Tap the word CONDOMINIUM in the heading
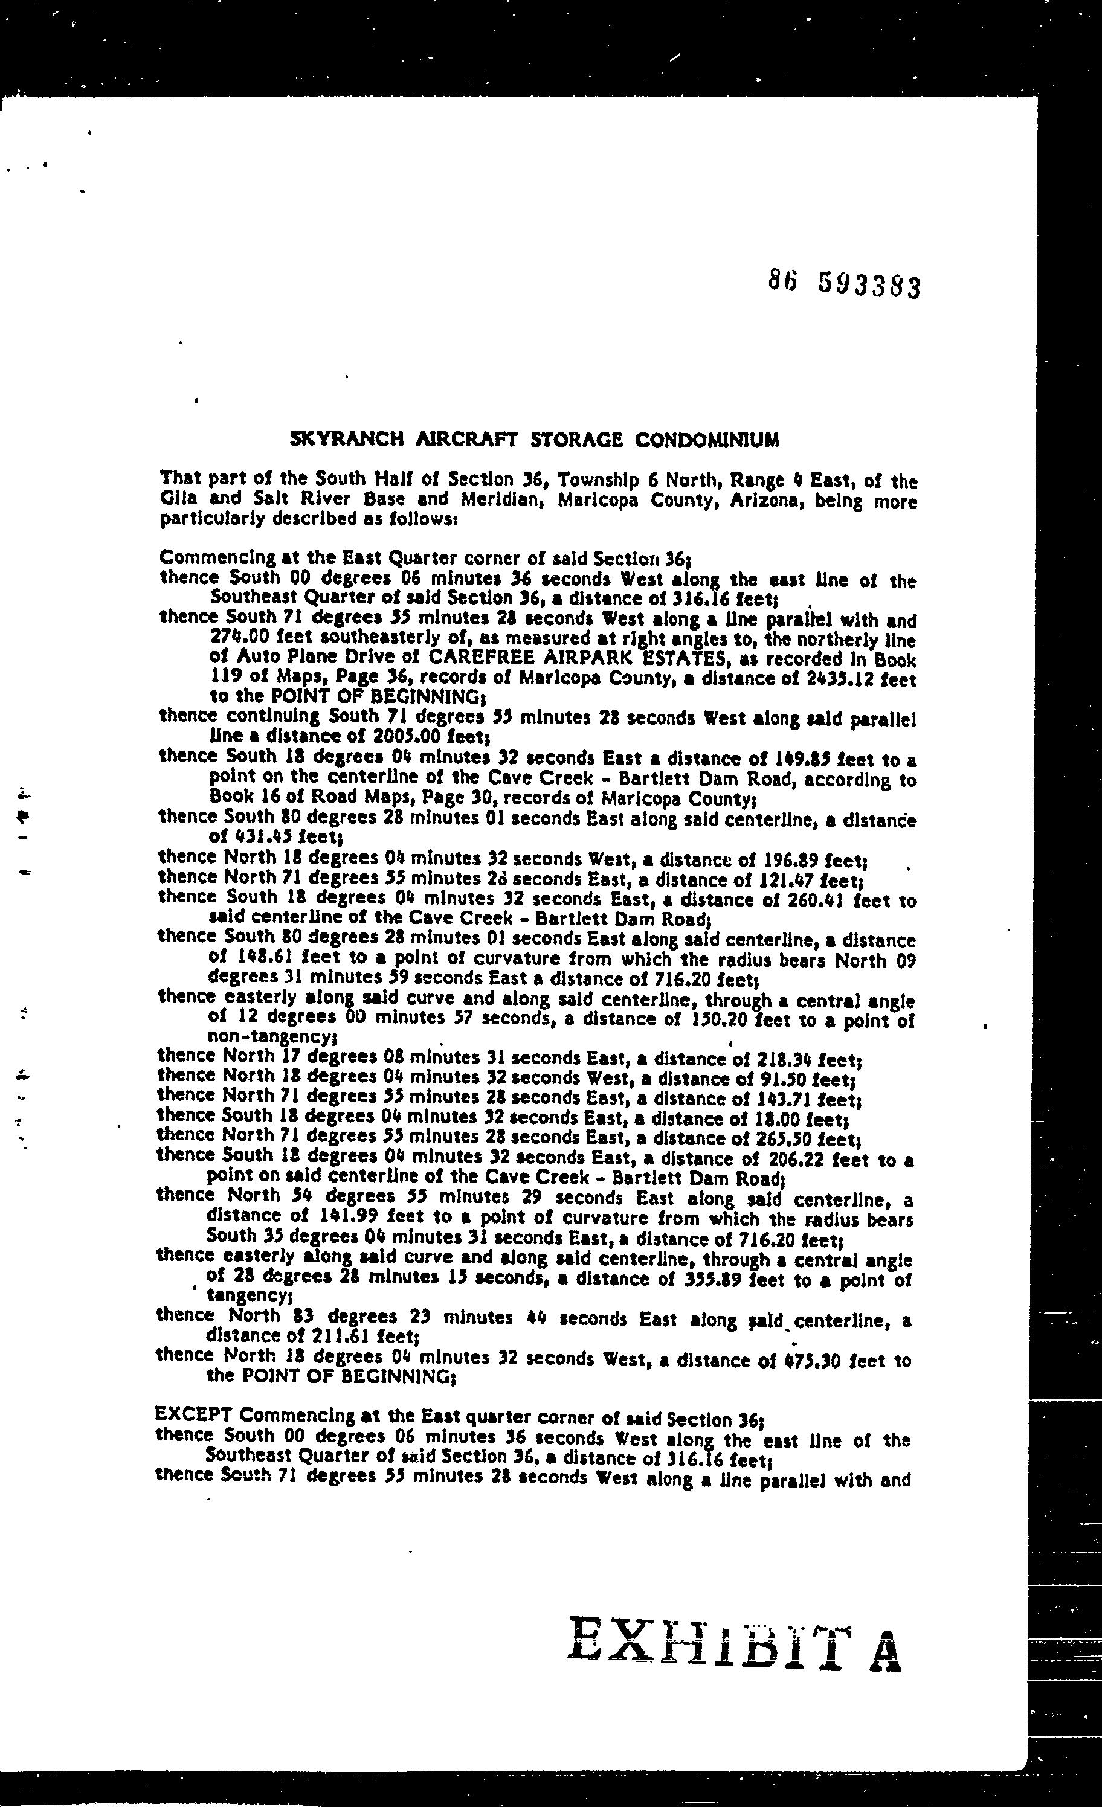706,440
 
